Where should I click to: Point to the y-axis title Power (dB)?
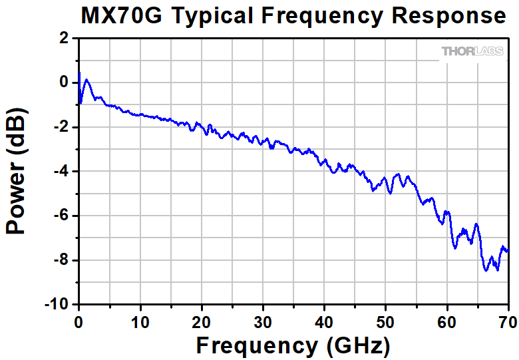(16, 170)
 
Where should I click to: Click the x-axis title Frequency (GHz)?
(293, 345)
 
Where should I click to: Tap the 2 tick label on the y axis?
(64, 39)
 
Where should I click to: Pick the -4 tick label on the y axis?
(61, 172)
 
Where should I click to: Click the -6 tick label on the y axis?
(61, 216)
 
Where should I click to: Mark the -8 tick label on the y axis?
(61, 260)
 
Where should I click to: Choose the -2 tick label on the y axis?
(61, 127)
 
